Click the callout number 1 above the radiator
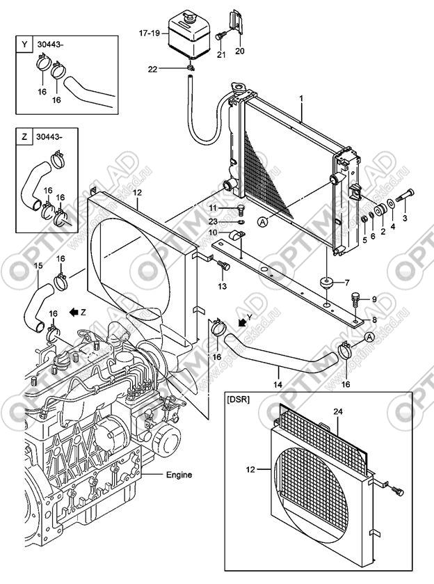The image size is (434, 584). coord(301,100)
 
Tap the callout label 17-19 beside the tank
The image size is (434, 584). coord(150,33)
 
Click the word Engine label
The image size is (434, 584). coord(179,475)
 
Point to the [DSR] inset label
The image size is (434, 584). coord(239,399)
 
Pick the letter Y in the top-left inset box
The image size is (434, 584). coord(25,45)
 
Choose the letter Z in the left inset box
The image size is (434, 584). coord(25,137)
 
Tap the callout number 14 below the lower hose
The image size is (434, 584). coord(277,384)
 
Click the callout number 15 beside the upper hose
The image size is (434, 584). coord(38,265)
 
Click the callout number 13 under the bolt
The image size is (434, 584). coord(222,286)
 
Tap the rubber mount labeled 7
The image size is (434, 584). coord(326,283)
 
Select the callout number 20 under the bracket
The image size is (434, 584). coord(241,50)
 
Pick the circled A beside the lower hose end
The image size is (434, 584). coord(369,338)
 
